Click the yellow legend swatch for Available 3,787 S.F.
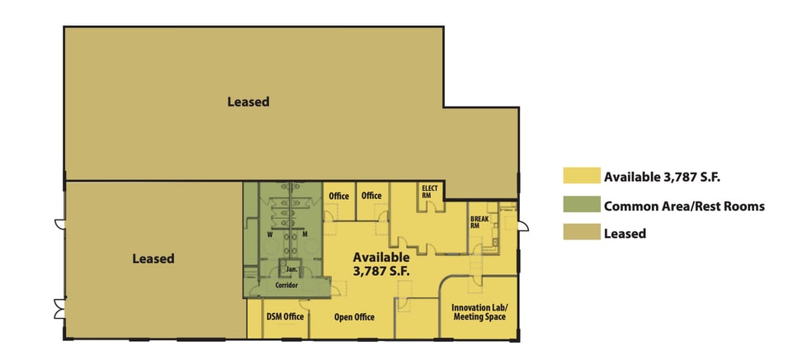(x=580, y=176)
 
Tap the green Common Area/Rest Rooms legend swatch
(x=580, y=206)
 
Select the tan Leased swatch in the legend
(x=580, y=234)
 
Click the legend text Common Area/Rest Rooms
(x=684, y=206)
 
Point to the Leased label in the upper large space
(x=248, y=102)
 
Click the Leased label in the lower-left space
(x=153, y=258)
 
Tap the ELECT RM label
(x=429, y=192)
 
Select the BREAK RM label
(x=480, y=223)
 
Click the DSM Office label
(x=285, y=317)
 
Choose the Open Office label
(x=354, y=317)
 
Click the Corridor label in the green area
(x=286, y=285)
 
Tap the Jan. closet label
(x=291, y=270)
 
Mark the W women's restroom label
(x=270, y=234)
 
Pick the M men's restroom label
(x=304, y=234)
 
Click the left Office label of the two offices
(x=339, y=196)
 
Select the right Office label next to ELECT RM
(x=371, y=196)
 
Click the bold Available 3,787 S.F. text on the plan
(x=380, y=263)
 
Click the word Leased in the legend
(x=625, y=234)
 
